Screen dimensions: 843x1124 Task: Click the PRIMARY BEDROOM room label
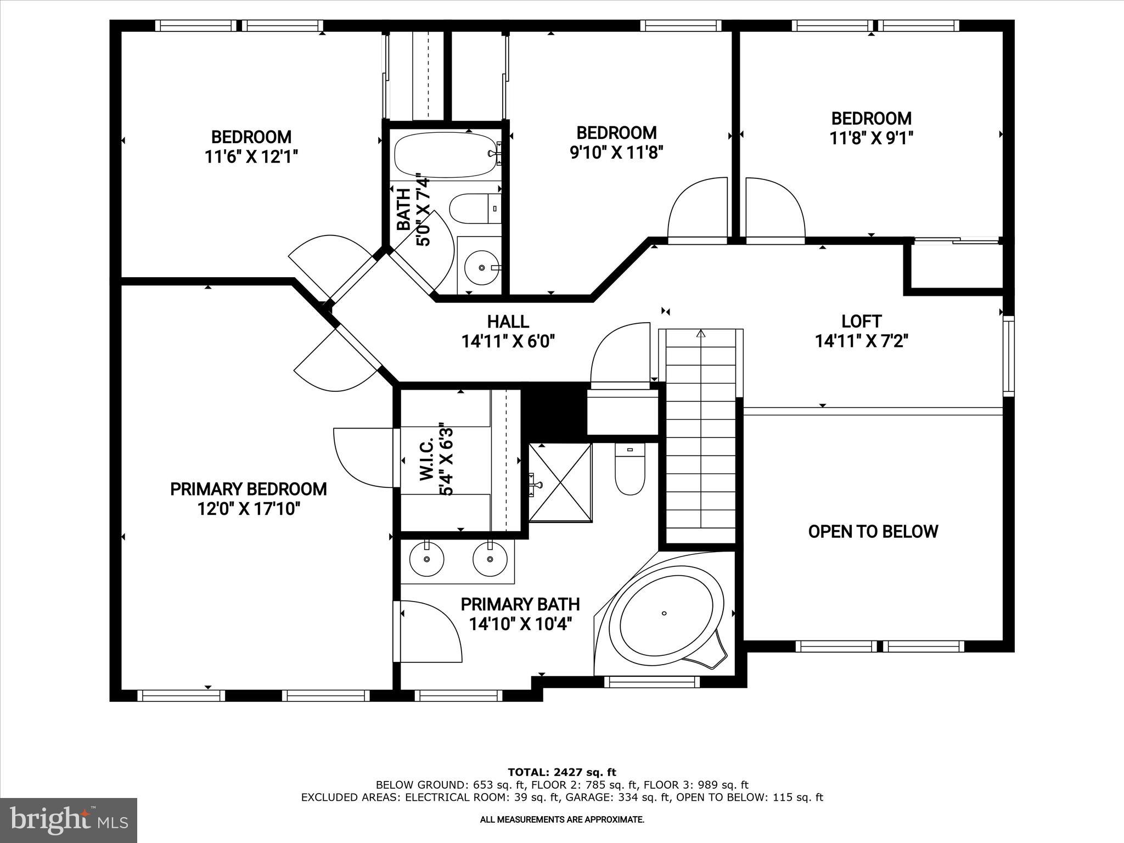coord(248,489)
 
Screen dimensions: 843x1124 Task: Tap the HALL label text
coord(508,322)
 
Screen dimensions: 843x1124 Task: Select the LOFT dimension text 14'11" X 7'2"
coord(861,341)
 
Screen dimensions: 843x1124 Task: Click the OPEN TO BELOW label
coord(873,531)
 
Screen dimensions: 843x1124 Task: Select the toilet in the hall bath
coord(474,209)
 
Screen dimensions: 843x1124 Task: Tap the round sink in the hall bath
coord(482,267)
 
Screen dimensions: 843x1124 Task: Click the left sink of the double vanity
coord(426,559)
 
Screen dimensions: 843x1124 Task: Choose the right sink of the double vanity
coord(490,559)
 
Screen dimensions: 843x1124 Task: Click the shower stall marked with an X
coord(560,482)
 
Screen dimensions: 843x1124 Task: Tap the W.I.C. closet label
coord(427,460)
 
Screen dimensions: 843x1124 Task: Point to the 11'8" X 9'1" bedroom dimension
coord(871,138)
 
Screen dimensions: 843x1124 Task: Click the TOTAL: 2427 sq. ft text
coord(561,773)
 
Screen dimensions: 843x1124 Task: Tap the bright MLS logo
coord(69,820)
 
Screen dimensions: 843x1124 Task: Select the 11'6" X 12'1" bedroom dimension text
coord(251,157)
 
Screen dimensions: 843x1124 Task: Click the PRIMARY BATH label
coord(520,604)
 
